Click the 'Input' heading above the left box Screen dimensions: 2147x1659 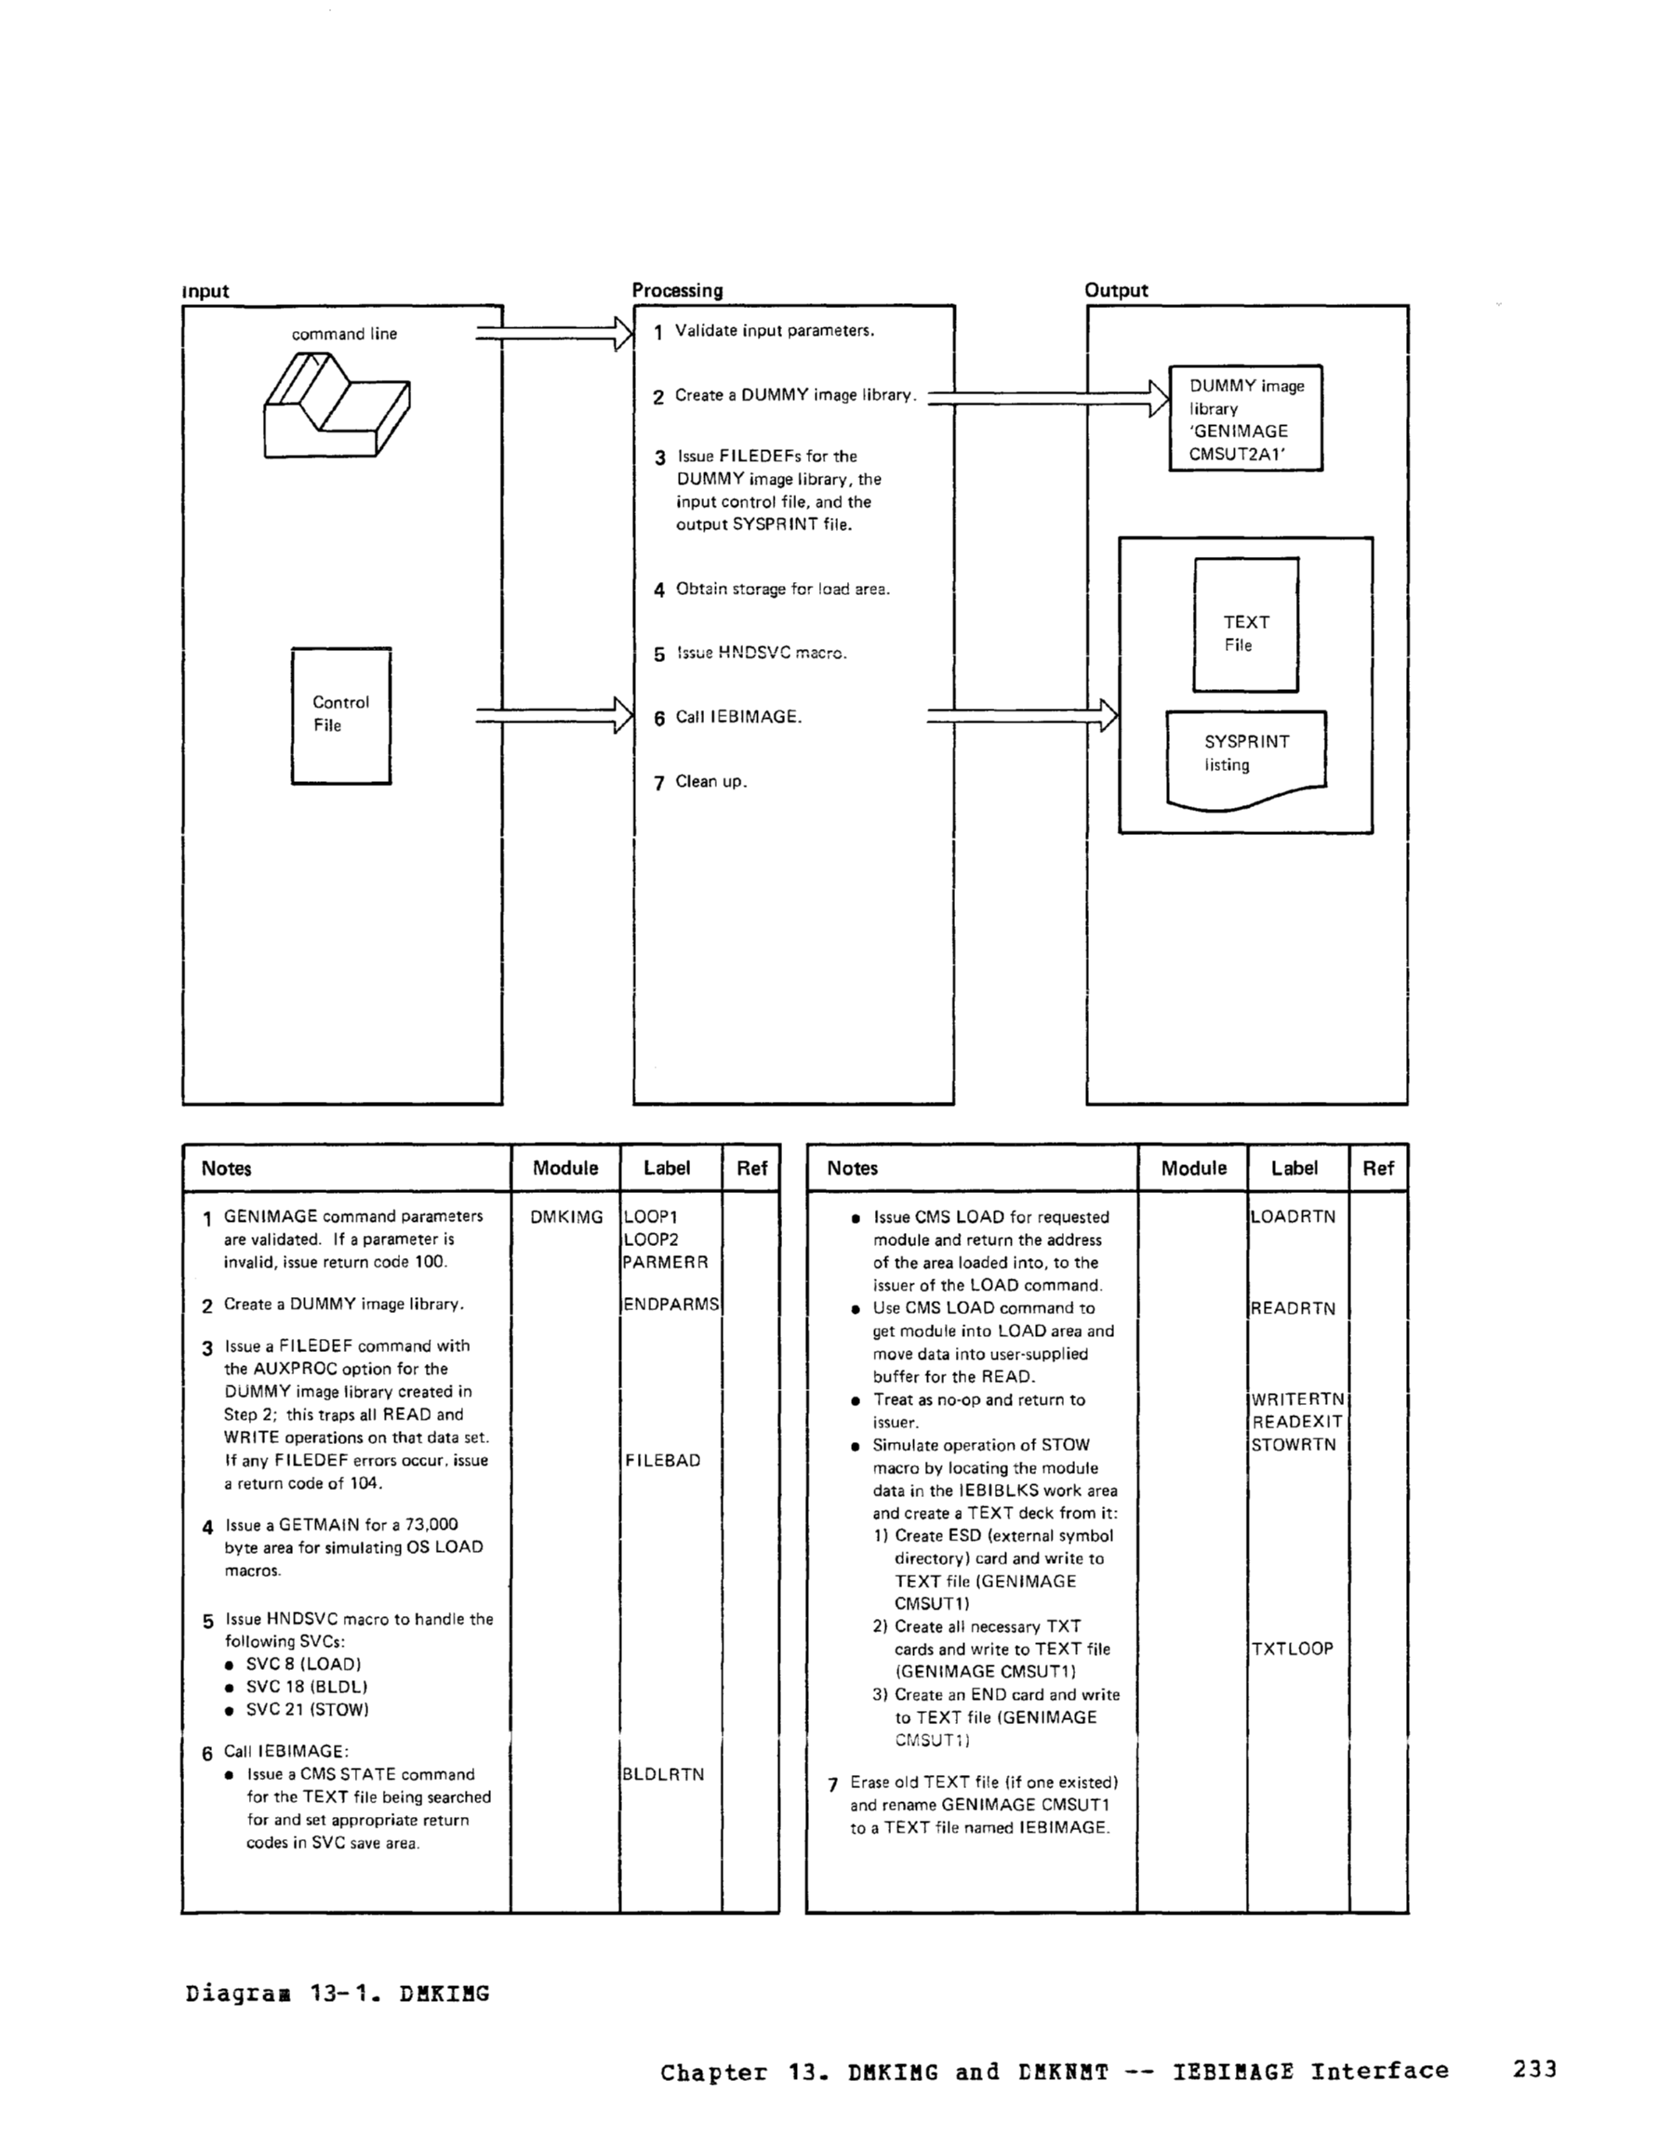pyautogui.click(x=206, y=291)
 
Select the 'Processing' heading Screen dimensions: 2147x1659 pyautogui.click(x=677, y=290)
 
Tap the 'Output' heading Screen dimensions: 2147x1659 pyautogui.click(x=1115, y=290)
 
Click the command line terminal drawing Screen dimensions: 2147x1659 pyautogui.click(x=336, y=405)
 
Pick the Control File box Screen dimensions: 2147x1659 pyautogui.click(x=340, y=715)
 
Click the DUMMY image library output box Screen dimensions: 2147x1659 pyautogui.click(x=1244, y=418)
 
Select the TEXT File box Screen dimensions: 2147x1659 pyautogui.click(x=1245, y=625)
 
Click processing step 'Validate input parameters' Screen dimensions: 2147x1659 pyautogui.click(x=774, y=331)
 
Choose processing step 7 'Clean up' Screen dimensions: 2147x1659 pyautogui.click(x=710, y=783)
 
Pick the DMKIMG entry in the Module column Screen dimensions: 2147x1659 pyautogui.click(x=565, y=1217)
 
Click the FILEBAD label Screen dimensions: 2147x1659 pyautogui.click(x=663, y=1461)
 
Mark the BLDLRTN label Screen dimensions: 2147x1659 pyautogui.click(x=663, y=1774)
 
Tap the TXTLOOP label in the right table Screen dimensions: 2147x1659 pyautogui.click(x=1293, y=1649)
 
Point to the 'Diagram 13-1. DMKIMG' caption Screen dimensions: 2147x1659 pyautogui.click(x=337, y=1994)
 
